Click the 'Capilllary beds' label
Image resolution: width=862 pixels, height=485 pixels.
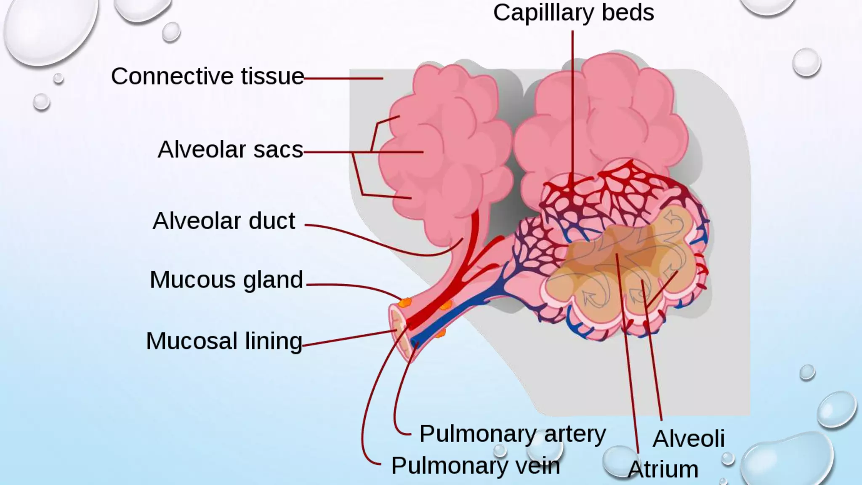[573, 13]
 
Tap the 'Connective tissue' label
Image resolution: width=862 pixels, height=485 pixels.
[208, 77]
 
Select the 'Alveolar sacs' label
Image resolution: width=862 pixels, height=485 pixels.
[230, 150]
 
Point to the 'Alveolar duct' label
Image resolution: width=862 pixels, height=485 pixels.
[224, 221]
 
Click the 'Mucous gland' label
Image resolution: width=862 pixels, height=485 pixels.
[226, 280]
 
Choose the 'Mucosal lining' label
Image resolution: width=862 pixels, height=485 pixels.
[224, 341]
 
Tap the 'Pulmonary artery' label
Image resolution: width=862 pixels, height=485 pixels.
[512, 434]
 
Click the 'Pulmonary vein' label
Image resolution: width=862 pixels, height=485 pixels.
[476, 466]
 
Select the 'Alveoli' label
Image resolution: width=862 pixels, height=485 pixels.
[689, 439]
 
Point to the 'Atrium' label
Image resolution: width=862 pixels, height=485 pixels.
[663, 469]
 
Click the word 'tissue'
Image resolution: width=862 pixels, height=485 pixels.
[272, 77]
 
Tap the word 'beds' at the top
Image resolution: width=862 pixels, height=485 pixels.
[628, 13]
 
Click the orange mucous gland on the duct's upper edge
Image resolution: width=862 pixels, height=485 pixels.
[405, 302]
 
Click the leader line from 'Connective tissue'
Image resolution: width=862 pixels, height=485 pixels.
[343, 78]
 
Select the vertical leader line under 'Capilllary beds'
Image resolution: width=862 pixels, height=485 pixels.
[572, 105]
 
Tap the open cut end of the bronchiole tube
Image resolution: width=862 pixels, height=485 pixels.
[399, 333]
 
